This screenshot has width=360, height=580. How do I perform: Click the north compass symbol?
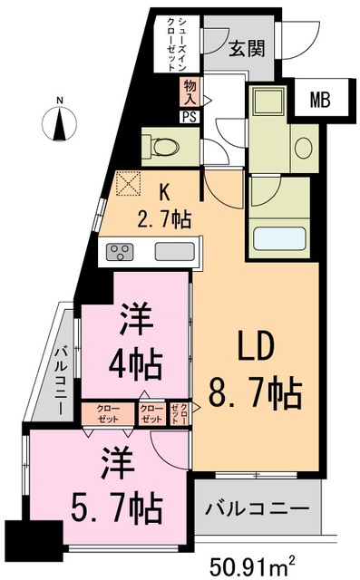pos(59,123)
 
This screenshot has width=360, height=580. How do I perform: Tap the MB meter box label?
pos(320,100)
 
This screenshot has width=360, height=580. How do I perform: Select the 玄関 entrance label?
pos(247,48)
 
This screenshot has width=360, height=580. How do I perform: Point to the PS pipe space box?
pos(190,117)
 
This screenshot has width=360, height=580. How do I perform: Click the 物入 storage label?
pos(190,92)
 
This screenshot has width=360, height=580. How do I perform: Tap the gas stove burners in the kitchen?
pos(120,252)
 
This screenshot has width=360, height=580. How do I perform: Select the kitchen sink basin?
pos(175,252)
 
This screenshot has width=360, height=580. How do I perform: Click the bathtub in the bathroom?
pos(279,237)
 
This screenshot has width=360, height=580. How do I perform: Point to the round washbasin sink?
pos(304,149)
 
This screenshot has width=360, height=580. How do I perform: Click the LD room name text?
pos(256,346)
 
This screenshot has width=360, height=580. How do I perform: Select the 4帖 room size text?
pos(135,365)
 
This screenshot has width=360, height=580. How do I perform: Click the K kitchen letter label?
pos(164,193)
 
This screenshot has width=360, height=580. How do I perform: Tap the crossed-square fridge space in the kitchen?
pos(129,183)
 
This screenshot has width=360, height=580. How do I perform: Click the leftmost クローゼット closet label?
pos(108,414)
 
